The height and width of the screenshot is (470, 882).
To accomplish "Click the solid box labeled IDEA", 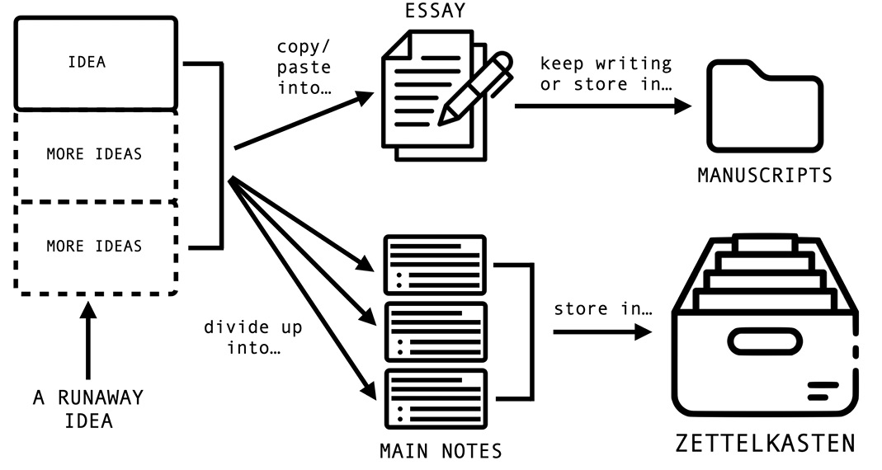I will (x=96, y=63).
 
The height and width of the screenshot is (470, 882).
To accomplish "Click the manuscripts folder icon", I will (x=764, y=107).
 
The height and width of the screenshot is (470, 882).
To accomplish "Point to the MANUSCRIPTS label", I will (x=764, y=176).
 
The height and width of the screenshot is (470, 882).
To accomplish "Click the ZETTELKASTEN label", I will (x=764, y=443).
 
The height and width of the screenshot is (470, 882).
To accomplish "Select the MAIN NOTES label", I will (x=440, y=451).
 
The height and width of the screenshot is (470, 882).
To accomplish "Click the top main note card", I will (x=436, y=265).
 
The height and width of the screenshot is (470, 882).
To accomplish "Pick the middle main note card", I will (x=436, y=331).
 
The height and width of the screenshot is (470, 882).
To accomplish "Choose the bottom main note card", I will (x=436, y=398).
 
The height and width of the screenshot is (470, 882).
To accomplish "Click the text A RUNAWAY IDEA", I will (x=87, y=409).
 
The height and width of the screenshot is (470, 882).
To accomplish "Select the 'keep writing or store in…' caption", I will (x=606, y=73).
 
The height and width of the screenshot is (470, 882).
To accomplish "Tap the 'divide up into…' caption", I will (x=253, y=337).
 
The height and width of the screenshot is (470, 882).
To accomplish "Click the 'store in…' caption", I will (x=603, y=310).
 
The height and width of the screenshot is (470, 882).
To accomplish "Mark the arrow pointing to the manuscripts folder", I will (x=602, y=106).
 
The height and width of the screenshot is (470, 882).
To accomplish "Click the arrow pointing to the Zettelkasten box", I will (x=602, y=331).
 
